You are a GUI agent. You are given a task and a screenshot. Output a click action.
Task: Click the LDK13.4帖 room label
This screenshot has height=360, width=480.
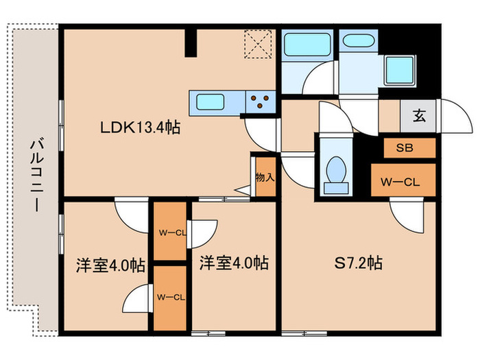pos(141,127)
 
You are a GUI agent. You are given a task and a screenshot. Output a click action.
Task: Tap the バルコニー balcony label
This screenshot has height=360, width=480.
pos(34,175)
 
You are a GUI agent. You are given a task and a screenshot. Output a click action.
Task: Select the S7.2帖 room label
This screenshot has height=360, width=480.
pos(358,263)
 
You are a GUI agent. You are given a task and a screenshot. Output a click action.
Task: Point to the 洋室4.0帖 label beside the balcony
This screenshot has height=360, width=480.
pos(110,265)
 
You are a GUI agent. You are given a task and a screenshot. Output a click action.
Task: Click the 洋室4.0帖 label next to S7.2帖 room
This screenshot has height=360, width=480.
pos(234,263)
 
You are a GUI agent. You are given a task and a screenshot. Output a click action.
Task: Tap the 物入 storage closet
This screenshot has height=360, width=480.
pos(264,178)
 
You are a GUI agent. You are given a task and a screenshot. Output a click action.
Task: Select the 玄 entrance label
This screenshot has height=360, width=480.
pos(419,116)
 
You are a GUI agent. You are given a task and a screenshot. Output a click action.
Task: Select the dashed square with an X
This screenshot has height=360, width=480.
pos(260,45)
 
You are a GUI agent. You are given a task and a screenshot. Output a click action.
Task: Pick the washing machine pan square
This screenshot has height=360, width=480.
pos(397,69)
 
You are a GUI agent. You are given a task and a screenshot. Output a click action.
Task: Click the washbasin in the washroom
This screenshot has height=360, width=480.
pos(359,41)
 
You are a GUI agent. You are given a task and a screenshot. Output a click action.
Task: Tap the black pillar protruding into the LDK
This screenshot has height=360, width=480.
pos(194,42)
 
